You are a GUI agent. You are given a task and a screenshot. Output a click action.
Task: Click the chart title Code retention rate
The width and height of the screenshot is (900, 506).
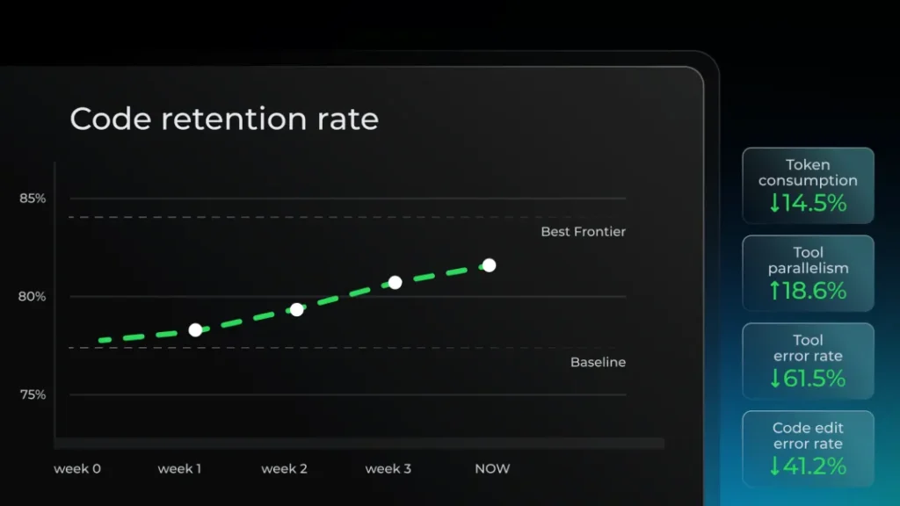coord(224,119)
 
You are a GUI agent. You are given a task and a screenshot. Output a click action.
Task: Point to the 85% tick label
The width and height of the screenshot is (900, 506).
coord(33,199)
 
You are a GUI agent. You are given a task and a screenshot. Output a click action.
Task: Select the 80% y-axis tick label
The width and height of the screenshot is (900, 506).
coord(32,297)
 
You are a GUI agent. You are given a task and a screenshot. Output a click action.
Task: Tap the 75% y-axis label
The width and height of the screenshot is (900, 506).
coord(33,394)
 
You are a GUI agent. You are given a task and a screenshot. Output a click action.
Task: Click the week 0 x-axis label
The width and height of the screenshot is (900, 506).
coord(77,469)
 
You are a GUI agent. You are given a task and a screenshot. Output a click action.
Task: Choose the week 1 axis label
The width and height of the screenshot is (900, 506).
coord(179,469)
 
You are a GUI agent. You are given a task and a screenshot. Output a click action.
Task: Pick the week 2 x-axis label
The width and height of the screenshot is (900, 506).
coord(284,469)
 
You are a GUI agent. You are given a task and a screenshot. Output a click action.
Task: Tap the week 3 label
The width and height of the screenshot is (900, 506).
coord(388,469)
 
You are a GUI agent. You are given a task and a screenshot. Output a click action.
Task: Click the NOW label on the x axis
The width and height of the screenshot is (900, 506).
coord(492,469)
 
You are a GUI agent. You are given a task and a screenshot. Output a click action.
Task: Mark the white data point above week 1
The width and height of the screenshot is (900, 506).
coord(195,330)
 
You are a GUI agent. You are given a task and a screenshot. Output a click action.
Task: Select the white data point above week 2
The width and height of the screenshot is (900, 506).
coord(297,310)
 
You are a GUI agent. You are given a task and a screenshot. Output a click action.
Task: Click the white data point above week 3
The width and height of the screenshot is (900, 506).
coord(395,282)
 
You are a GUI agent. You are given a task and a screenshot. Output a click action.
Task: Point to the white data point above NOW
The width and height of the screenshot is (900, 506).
coord(489,265)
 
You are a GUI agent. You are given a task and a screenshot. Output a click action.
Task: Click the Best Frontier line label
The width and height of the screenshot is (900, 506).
coord(584,232)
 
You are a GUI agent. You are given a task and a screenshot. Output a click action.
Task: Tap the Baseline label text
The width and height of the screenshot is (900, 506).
coord(598,362)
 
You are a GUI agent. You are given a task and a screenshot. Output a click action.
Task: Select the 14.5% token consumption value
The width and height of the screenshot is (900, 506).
coord(815,203)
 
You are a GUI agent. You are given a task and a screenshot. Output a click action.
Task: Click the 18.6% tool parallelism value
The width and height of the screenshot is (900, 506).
coord(815,291)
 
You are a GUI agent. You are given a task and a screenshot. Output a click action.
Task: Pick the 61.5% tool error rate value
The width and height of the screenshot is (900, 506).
coord(815,379)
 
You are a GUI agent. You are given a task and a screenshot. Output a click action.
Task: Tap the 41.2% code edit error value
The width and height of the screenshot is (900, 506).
coord(815,466)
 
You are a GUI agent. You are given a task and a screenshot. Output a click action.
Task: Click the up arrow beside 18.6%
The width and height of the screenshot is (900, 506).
coord(775,291)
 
